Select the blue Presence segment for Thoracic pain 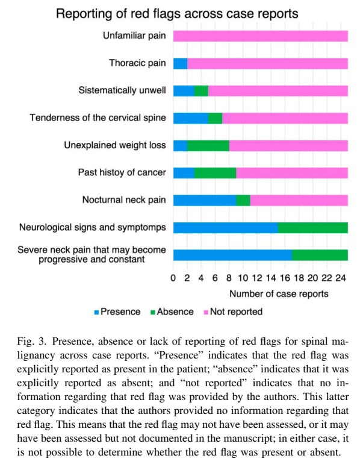[x=180, y=63]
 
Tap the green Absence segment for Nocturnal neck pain [x=243, y=200]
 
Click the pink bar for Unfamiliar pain [x=260, y=36]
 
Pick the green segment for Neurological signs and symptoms [x=312, y=227]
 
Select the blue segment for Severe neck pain [x=232, y=254]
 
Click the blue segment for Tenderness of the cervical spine [x=190, y=118]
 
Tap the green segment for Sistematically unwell [x=201, y=91]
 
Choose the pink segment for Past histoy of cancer [x=291, y=172]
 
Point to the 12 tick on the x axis [x=257, y=278]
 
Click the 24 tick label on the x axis [x=340, y=278]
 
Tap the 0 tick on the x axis [x=173, y=278]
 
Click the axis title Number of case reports [x=278, y=294]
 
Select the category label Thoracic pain [x=137, y=63]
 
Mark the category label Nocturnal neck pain [x=124, y=200]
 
